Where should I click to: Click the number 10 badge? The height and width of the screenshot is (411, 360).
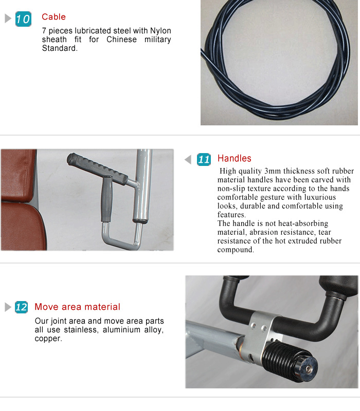[23, 20]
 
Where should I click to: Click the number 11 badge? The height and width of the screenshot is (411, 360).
[204, 159]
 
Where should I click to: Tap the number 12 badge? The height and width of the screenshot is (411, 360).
[21, 307]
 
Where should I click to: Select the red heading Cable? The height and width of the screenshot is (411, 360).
[53, 17]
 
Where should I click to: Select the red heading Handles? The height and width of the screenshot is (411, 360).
[234, 158]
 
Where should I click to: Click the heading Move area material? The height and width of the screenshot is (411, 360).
[77, 307]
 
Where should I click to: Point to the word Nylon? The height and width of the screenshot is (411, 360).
[160, 31]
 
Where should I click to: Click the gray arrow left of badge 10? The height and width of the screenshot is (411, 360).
[8, 19]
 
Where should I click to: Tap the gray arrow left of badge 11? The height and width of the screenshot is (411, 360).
[188, 159]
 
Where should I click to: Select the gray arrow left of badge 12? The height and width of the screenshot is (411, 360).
[8, 307]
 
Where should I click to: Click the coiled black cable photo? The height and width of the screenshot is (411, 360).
[279, 63]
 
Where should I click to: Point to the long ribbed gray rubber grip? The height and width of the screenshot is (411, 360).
[98, 168]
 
